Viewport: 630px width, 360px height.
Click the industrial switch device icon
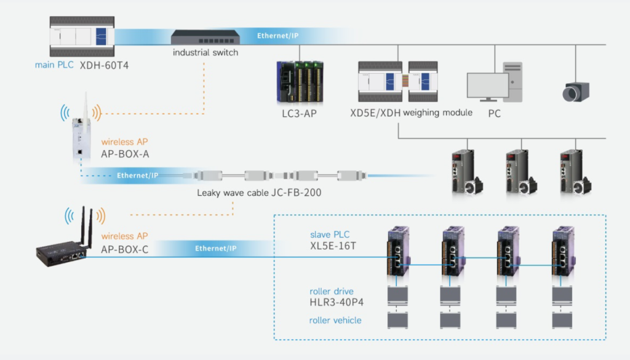[x=205, y=38]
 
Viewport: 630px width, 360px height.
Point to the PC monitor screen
[x=487, y=86]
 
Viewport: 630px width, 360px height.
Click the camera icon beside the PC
[x=576, y=90]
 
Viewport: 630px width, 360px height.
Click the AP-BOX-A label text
[x=125, y=154]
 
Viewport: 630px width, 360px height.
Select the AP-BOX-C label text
[x=125, y=249]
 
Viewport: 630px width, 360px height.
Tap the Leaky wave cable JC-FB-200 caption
[x=259, y=193]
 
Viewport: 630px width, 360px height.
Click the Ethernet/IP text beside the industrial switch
[x=279, y=36]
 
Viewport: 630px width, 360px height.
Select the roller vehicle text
[x=335, y=320]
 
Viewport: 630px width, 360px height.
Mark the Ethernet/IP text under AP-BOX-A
[x=137, y=175]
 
